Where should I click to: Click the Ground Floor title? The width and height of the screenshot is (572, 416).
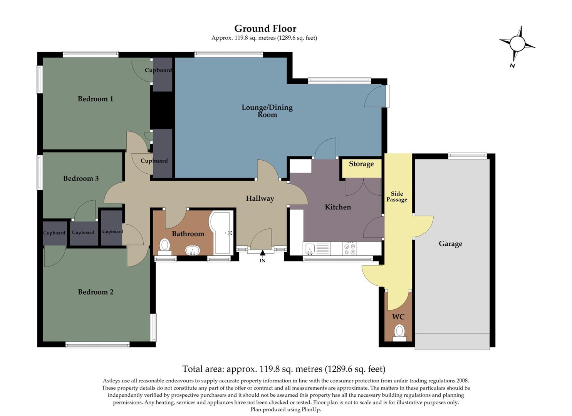(265, 29)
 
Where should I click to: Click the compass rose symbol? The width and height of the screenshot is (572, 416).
(517, 44)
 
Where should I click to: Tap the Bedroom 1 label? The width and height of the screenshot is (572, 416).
(95, 99)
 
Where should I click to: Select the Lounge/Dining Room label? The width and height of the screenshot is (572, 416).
(267, 111)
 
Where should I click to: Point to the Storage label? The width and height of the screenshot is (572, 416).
(361, 164)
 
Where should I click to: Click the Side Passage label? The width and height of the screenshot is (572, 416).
(397, 196)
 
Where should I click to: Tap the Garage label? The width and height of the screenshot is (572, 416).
(450, 243)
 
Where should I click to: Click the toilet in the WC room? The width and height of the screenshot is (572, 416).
(399, 332)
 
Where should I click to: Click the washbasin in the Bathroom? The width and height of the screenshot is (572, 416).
(192, 251)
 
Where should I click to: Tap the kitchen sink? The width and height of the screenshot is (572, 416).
(310, 249)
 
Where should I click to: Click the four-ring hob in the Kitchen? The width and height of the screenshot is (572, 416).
(350, 248)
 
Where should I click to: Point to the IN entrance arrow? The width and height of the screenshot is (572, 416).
(262, 253)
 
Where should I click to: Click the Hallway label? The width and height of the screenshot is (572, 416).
(260, 198)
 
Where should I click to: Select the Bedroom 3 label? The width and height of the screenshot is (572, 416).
(81, 178)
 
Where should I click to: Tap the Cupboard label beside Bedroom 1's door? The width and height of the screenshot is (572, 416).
(158, 70)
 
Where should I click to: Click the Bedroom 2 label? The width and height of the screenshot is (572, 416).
(96, 292)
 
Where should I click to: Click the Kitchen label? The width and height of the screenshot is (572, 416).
(338, 207)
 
